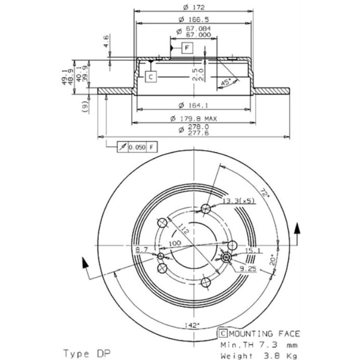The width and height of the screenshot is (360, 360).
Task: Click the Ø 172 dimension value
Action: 194,7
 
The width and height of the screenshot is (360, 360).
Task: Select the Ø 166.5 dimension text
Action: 194,19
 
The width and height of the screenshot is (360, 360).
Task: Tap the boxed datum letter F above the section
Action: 187,48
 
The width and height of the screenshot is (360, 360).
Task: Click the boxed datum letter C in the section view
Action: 151,77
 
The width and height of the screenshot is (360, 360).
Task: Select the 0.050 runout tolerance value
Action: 137,147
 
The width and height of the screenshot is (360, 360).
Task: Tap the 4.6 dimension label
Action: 106,41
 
